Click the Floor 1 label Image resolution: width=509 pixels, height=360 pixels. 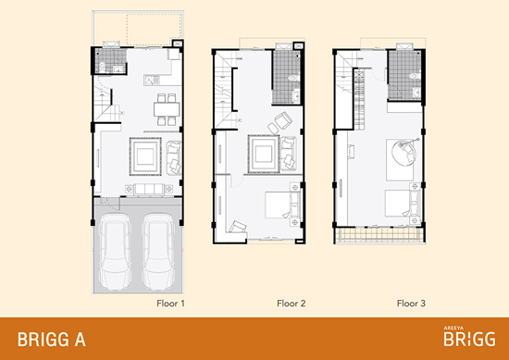(x=170, y=304)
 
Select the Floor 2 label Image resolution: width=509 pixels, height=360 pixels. (x=292, y=304)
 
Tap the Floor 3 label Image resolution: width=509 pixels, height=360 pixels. (x=411, y=304)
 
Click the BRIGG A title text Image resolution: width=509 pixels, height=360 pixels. (x=52, y=340)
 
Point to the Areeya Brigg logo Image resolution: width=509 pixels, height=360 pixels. (x=469, y=336)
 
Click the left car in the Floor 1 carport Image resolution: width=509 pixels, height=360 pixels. (x=115, y=251)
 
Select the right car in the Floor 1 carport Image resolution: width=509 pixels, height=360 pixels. (x=158, y=251)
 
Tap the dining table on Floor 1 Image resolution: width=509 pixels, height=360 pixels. (x=167, y=109)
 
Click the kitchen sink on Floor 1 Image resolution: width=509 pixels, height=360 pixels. (x=152, y=80)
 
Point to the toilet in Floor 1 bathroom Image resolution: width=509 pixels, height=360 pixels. (x=102, y=68)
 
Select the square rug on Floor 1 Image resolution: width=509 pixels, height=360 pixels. (x=145, y=156)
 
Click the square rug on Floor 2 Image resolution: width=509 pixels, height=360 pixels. (x=264, y=154)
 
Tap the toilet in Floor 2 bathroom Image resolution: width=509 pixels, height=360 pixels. (x=294, y=78)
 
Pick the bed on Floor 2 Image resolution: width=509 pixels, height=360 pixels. (x=283, y=205)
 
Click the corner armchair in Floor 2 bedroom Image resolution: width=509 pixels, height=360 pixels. (x=238, y=227)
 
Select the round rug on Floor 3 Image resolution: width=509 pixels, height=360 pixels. (x=403, y=153)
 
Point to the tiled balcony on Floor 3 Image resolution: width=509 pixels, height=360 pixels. (x=379, y=234)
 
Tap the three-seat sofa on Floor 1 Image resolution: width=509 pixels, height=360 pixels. (x=149, y=189)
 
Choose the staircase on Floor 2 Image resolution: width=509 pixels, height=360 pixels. (x=223, y=91)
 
